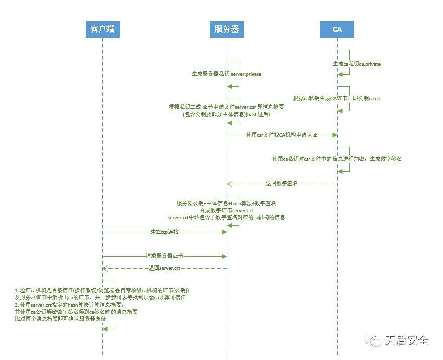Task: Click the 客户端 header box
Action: (102, 29)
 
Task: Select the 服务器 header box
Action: (227, 29)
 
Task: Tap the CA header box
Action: (337, 29)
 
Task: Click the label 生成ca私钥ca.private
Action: (357, 64)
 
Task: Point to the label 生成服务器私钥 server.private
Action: (227, 74)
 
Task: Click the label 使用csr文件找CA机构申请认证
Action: (282, 135)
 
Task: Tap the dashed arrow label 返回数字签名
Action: (282, 184)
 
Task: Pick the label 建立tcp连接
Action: (164, 232)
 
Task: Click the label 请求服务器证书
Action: (165, 256)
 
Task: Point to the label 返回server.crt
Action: (164, 268)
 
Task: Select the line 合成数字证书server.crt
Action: (227, 210)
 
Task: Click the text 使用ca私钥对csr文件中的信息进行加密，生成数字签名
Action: (337, 159)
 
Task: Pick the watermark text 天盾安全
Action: (407, 341)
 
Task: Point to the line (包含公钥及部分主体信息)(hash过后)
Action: (227, 114)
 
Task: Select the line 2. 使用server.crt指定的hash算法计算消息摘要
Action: (69, 305)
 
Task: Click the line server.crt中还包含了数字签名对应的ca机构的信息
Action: (227, 217)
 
